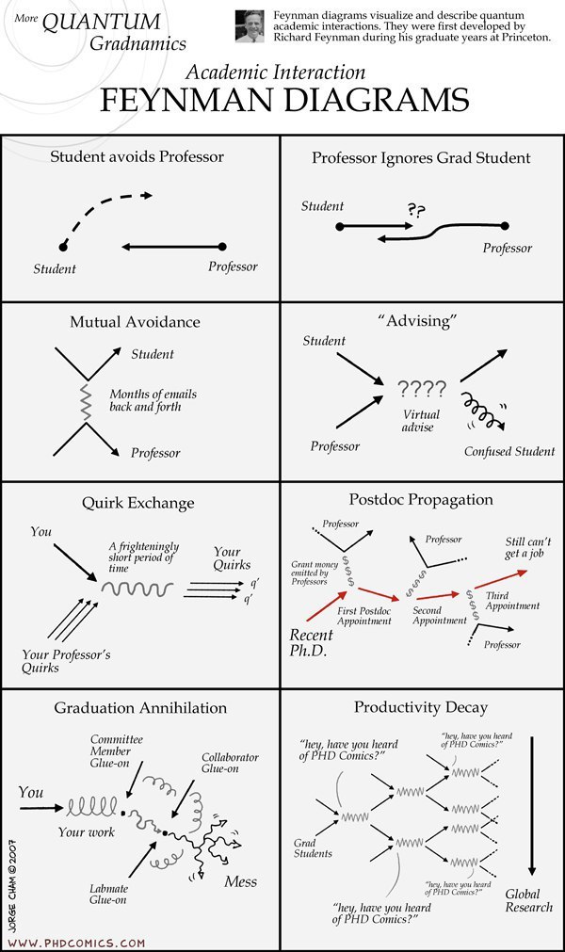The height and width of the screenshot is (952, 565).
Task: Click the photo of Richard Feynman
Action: click(250, 26)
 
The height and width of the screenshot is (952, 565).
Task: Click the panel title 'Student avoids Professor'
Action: click(137, 156)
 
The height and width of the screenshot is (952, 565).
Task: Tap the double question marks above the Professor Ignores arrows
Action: click(416, 211)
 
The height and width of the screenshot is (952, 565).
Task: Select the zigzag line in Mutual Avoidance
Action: click(86, 401)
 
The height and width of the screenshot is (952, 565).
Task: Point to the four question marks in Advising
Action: click(422, 389)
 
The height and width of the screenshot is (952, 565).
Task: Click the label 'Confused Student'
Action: click(509, 451)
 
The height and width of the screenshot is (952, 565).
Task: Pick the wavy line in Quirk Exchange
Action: click(137, 588)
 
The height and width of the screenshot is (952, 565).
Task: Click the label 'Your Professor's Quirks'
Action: click(66, 661)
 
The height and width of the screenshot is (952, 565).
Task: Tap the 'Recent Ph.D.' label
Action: click(312, 643)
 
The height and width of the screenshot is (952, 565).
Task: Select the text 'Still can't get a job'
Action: click(528, 547)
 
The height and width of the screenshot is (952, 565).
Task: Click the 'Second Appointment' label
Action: click(440, 616)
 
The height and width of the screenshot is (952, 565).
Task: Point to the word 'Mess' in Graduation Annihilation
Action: click(241, 881)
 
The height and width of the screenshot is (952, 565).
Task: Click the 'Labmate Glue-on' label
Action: click(108, 895)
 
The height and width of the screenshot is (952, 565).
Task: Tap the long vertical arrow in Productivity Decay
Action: click(532, 806)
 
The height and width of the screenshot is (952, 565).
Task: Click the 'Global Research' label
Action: click(528, 900)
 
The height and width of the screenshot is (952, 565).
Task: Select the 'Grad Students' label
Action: click(313, 848)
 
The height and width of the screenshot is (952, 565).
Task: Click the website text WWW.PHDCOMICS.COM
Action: click(76, 943)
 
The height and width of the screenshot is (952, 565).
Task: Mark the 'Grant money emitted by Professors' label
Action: click(315, 573)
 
